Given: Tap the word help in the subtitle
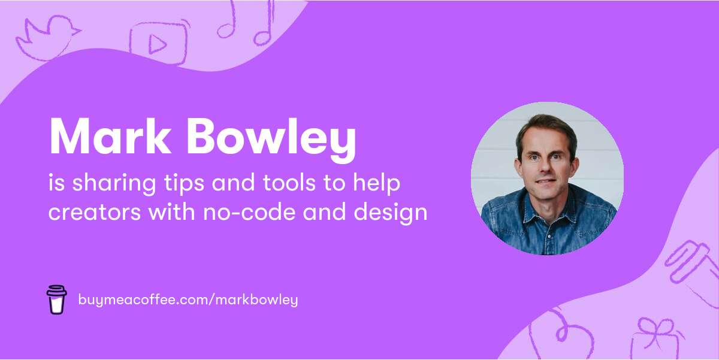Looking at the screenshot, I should [x=378, y=183].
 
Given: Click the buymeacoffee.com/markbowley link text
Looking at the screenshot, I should [x=188, y=300].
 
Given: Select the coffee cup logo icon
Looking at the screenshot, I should [x=57, y=300].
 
